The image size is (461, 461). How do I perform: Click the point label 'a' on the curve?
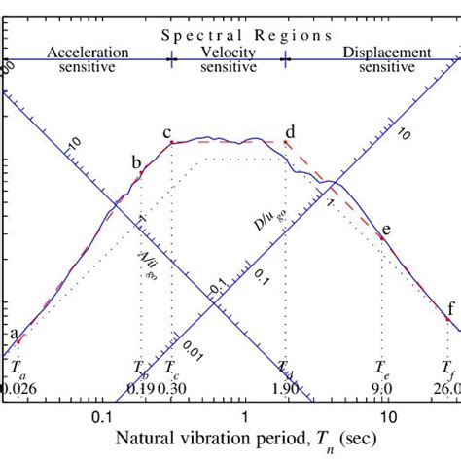tap(14, 333)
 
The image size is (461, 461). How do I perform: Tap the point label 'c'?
tap(166, 133)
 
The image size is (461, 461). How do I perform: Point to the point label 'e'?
tap(386, 230)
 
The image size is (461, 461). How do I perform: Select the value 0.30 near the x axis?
tap(175, 389)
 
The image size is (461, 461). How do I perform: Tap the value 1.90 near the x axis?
tap(286, 389)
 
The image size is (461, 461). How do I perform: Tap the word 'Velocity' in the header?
tap(230, 52)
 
